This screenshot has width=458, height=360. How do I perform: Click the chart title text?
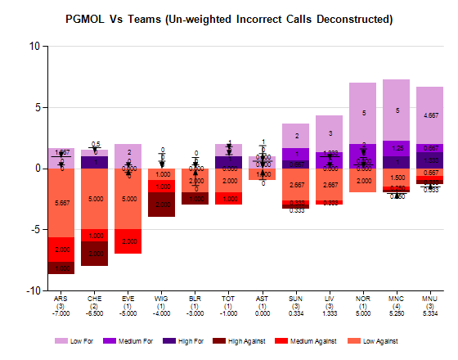tap(228, 18)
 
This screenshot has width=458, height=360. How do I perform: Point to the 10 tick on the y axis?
tap(34, 47)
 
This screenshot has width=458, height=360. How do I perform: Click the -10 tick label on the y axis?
tap(33, 290)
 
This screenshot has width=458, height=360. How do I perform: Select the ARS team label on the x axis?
tap(61, 299)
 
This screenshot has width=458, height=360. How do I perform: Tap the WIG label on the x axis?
tap(162, 299)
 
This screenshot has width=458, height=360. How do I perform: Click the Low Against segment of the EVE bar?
tap(128, 198)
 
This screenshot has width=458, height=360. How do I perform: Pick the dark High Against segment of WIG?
tap(162, 205)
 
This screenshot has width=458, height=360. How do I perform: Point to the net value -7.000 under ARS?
tap(61, 313)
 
